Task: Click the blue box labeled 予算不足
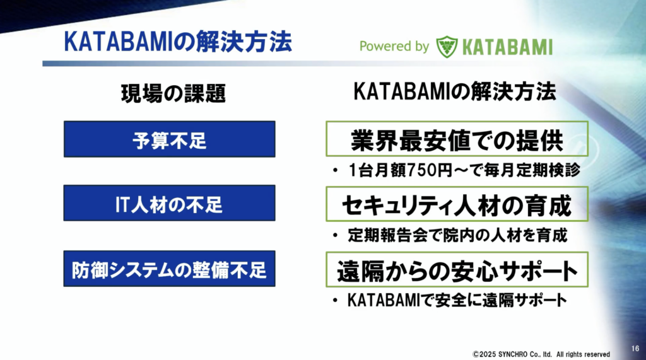(x=169, y=139)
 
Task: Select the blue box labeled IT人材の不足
(x=169, y=203)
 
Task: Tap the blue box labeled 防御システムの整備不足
(x=169, y=269)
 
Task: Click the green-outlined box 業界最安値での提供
(x=457, y=139)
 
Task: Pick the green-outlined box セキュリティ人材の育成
(x=457, y=204)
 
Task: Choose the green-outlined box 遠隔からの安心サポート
(x=457, y=270)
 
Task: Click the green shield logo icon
(x=447, y=47)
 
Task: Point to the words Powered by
(x=394, y=47)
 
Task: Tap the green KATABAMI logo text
(x=507, y=47)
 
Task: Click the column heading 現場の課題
(x=173, y=93)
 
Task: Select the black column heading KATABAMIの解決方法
(x=455, y=91)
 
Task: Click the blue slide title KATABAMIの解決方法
(x=178, y=42)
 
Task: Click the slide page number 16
(x=635, y=349)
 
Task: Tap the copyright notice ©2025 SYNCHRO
(x=541, y=354)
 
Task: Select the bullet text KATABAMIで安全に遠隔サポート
(x=457, y=300)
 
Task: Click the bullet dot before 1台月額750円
(x=336, y=170)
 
